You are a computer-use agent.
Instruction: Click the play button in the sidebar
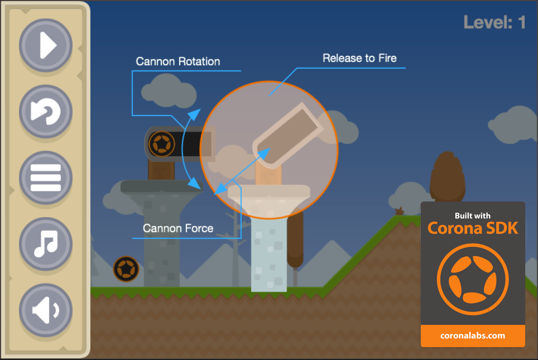(46, 45)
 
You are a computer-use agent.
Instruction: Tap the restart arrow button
(46, 111)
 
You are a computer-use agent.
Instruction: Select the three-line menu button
(46, 177)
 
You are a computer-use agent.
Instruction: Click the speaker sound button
(46, 310)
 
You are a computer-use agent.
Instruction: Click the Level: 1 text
(494, 22)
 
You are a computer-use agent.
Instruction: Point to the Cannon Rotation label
(177, 61)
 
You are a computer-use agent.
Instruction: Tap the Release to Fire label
(359, 58)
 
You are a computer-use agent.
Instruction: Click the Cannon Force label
(178, 228)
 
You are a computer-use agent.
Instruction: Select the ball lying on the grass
(126, 269)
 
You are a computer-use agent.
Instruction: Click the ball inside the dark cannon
(162, 144)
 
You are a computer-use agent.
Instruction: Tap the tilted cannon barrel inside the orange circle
(288, 136)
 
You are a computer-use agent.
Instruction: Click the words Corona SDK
(473, 228)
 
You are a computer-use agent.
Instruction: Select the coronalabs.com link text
(473, 335)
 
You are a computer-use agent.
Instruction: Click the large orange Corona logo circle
(473, 280)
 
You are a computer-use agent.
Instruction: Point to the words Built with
(473, 215)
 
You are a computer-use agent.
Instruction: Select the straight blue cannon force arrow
(242, 171)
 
